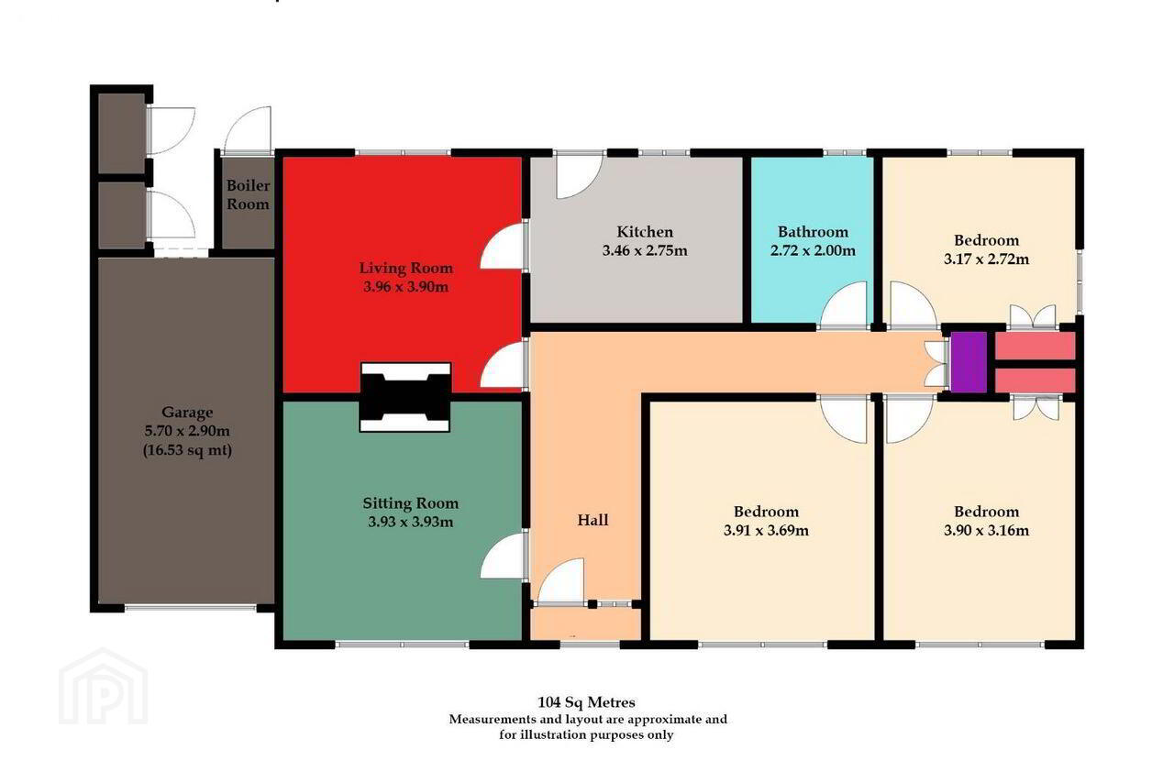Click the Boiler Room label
(x=248, y=194)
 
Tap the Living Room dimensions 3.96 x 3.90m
(x=405, y=287)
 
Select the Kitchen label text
(x=645, y=232)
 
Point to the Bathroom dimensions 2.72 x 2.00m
(x=813, y=250)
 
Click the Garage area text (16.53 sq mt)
(x=187, y=450)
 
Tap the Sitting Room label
(x=410, y=503)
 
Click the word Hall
(x=593, y=520)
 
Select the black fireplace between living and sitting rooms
(x=405, y=397)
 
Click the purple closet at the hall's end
(x=969, y=361)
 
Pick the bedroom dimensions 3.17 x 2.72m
(x=986, y=259)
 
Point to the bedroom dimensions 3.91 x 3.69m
(x=766, y=530)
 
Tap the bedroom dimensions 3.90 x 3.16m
(x=986, y=530)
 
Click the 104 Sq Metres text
(x=586, y=701)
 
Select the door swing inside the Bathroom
(x=844, y=305)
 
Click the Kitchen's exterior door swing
(x=578, y=177)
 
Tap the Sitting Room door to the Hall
(x=503, y=556)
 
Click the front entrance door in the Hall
(x=560, y=581)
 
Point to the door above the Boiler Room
(x=248, y=130)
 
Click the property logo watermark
(x=104, y=687)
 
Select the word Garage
(x=187, y=413)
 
